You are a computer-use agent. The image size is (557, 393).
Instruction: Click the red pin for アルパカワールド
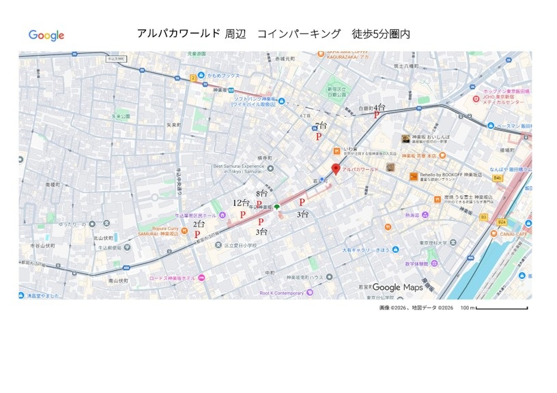335,170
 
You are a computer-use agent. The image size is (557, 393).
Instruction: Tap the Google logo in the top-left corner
46,35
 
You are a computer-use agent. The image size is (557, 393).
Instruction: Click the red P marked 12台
242,214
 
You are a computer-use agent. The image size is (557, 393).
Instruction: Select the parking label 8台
261,194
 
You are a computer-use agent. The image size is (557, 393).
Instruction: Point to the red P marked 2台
197,234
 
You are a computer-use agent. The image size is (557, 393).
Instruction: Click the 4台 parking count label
379,108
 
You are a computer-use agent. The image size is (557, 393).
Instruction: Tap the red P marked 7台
318,136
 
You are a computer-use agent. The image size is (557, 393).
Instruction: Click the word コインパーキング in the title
298,33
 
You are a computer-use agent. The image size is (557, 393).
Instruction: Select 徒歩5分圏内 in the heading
380,33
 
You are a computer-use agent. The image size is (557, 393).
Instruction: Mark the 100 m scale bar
503,308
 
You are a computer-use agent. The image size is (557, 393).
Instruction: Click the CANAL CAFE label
515,234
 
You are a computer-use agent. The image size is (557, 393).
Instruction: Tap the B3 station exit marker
483,217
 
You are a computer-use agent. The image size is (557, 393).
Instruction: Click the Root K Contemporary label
282,293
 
